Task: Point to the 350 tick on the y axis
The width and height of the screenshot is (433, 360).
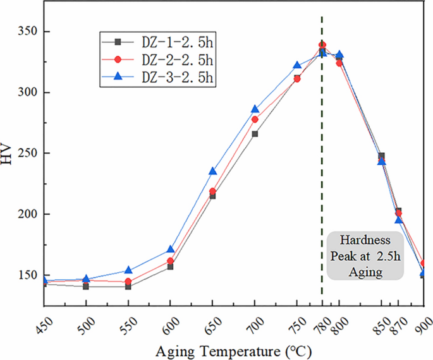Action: pos(28,32)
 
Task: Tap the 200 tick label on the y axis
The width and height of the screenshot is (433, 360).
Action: pos(28,214)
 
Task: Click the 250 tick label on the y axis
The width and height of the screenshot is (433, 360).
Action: pos(28,153)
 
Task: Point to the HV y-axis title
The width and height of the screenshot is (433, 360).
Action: pos(8,153)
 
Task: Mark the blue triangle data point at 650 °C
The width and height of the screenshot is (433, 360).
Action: pos(213,171)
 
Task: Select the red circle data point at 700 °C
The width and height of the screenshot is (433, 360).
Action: pos(255,119)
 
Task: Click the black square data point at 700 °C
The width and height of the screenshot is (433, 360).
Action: pos(255,134)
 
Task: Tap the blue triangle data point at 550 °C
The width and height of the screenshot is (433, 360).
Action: pos(128,270)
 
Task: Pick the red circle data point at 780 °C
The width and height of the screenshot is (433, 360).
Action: pos(322,45)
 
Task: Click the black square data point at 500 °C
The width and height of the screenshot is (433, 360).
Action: pos(86,286)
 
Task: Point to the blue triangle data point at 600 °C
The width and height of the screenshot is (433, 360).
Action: pos(171,249)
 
